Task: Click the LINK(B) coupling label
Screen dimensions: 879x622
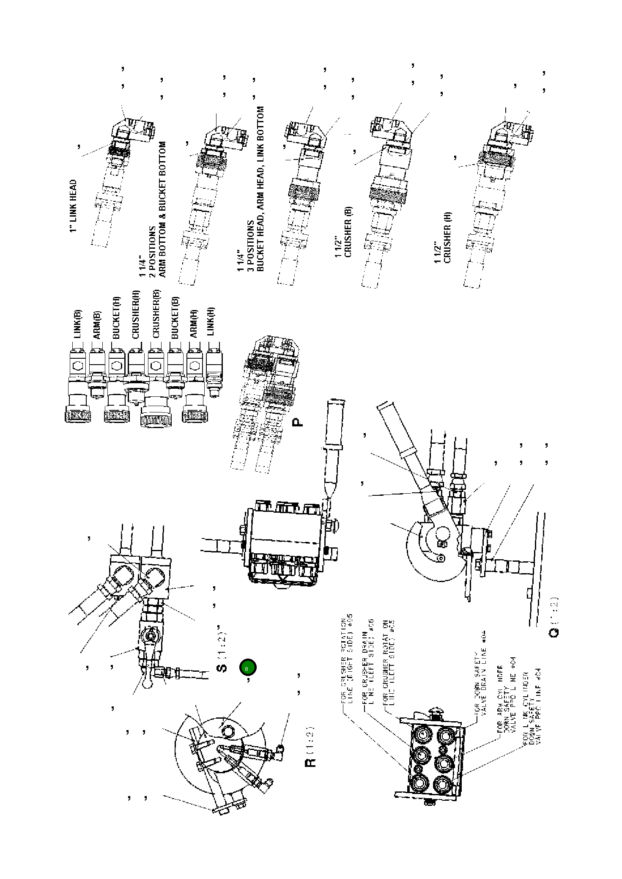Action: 78,324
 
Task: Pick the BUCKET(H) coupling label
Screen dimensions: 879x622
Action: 117,318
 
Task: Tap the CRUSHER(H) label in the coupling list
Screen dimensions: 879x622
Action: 136,315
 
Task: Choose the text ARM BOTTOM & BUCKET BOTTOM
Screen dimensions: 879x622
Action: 162,209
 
